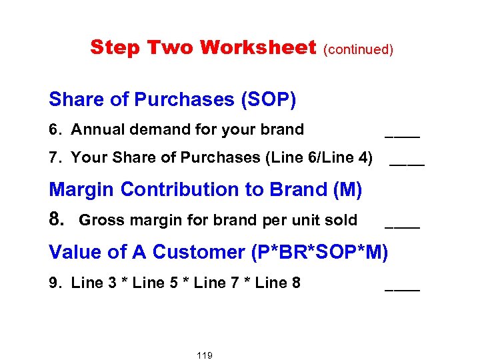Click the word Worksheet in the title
(x=257, y=47)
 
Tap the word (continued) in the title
(x=359, y=49)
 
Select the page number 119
(x=205, y=355)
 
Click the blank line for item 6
(x=403, y=135)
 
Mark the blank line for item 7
(x=407, y=164)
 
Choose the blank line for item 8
(x=403, y=227)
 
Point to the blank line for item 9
(x=403, y=289)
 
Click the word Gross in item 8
(x=100, y=220)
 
